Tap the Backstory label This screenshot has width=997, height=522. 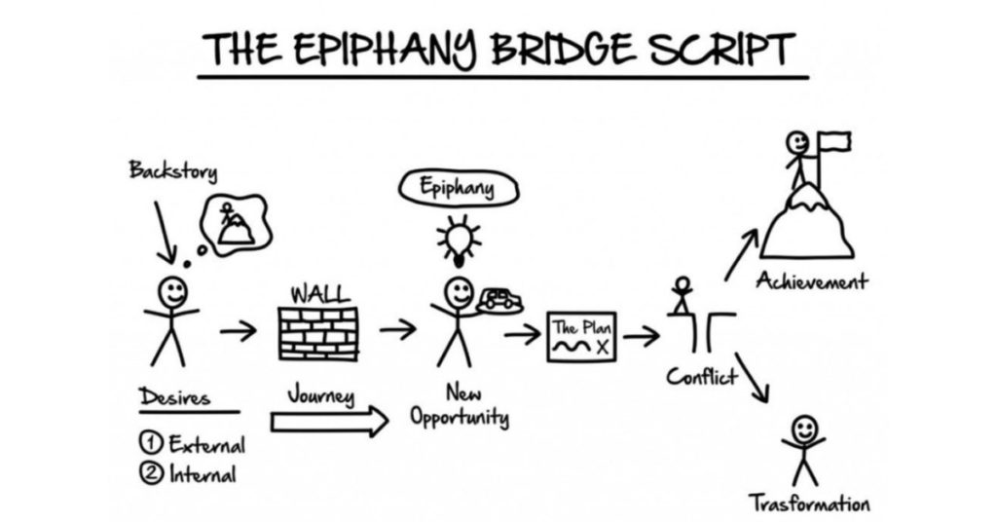click(173, 171)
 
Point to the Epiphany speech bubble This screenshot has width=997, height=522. click(456, 189)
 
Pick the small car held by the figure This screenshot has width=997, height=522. click(499, 299)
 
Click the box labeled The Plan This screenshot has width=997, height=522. click(581, 337)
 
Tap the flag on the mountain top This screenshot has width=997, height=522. click(835, 142)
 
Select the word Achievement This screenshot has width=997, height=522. click(812, 282)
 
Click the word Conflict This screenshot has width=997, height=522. click(702, 377)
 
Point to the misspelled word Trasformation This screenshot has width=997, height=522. click(809, 503)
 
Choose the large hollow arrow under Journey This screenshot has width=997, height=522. click(329, 423)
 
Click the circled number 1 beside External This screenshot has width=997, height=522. click(151, 444)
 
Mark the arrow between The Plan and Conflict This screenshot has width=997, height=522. click(641, 337)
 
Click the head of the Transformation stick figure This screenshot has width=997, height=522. click(804, 429)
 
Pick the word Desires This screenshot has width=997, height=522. click(174, 397)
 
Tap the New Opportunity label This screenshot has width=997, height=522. click(459, 407)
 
